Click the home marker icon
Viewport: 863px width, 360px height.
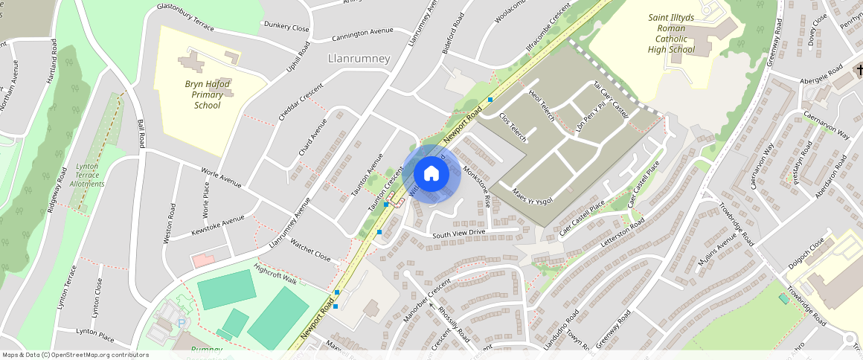click(x=431, y=174)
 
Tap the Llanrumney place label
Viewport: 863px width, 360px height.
click(x=359, y=58)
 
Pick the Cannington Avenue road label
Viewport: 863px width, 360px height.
click(x=362, y=32)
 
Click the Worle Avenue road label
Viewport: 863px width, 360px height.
click(x=221, y=177)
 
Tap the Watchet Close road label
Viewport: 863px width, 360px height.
click(x=310, y=250)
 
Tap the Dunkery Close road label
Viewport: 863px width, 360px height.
click(x=286, y=27)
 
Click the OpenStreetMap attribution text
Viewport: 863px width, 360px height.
click(x=75, y=355)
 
